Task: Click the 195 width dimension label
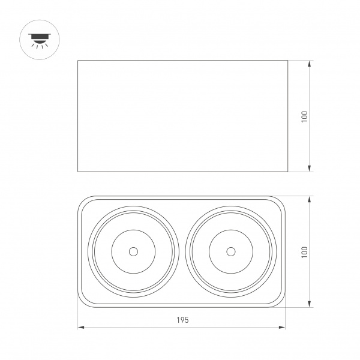pos(183,320)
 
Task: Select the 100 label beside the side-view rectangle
pos(304,116)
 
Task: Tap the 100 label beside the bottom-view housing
pos(304,251)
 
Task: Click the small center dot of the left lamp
pos(133,251)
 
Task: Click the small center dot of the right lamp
pos(230,251)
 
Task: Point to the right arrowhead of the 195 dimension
pos(283,328)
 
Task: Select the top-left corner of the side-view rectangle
pos(79,61)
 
